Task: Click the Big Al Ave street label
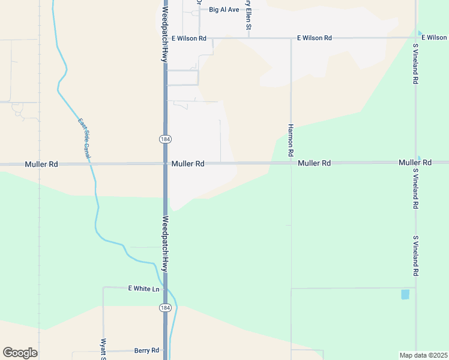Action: click(224, 10)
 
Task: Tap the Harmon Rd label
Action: click(291, 141)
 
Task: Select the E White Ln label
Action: click(144, 289)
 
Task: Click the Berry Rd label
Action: click(146, 350)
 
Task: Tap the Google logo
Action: click(20, 353)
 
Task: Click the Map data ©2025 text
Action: click(423, 355)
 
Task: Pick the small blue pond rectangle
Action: click(405, 294)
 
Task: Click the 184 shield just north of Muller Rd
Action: click(165, 139)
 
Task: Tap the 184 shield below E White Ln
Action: click(165, 308)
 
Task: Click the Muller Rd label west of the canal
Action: click(41, 164)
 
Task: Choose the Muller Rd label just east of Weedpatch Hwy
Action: click(188, 163)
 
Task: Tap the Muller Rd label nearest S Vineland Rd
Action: click(415, 163)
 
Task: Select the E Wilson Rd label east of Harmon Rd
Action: click(314, 38)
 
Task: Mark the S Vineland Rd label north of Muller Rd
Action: click(415, 63)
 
